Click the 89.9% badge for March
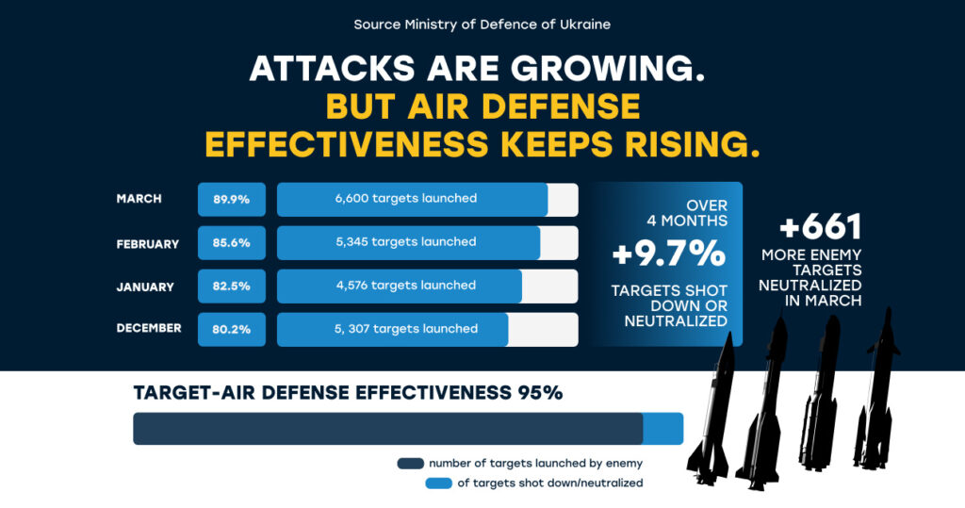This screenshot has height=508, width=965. click(231, 199)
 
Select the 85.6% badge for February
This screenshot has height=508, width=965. click(231, 242)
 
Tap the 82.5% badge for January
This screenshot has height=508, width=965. click(231, 286)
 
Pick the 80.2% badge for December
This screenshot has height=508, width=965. click(231, 329)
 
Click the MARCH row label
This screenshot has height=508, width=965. click(139, 199)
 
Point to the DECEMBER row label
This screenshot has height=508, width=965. click(149, 328)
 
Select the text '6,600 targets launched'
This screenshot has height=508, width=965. click(405, 198)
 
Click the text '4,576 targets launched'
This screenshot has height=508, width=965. click(405, 285)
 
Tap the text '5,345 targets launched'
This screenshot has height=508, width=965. click(405, 241)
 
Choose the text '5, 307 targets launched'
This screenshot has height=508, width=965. click(405, 328)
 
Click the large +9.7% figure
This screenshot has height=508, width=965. click(668, 254)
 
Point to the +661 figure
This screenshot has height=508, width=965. click(821, 227)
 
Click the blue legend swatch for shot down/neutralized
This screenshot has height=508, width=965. click(438, 483)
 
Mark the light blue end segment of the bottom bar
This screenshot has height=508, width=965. click(662, 428)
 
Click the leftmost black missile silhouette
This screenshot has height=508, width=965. click(711, 415)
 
